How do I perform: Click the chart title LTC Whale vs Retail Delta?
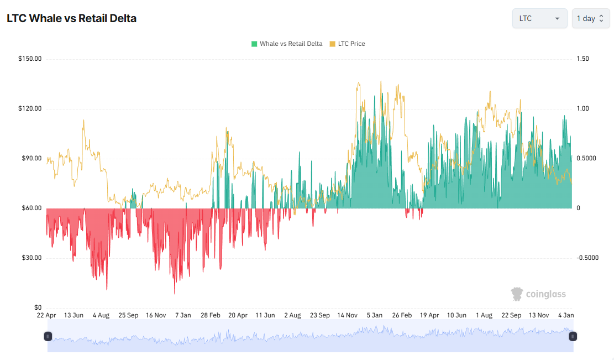point(71,18)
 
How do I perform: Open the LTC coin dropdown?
point(539,18)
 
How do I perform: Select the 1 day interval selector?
point(590,18)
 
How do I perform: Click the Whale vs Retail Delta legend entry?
point(286,44)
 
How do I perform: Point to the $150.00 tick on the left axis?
point(30,59)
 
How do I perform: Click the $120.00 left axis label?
point(30,109)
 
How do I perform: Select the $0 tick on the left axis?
point(38,308)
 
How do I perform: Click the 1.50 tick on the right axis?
point(583,59)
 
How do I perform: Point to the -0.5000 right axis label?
point(587,258)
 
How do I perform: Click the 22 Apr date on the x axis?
point(46,315)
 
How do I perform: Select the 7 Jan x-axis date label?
point(183,315)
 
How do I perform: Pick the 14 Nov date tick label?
point(348,315)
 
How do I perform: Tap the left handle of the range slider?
point(48,336)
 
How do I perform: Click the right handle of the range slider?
point(573,336)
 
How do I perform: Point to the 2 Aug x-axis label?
point(292,315)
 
